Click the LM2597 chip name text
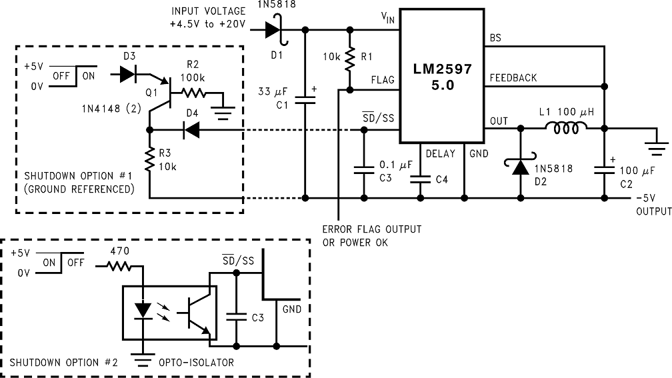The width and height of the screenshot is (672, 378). click(442, 69)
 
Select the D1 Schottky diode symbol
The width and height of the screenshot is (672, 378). click(273, 30)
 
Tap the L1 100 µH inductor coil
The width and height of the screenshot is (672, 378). click(567, 128)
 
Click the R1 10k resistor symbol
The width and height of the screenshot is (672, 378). click(349, 61)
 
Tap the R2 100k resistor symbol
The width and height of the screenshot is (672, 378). click(194, 94)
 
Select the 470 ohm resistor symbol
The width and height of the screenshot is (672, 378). click(120, 267)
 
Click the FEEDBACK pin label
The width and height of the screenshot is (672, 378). click(513, 78)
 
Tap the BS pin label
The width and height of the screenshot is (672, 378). click(495, 38)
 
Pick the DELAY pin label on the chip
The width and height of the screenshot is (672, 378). click(440, 153)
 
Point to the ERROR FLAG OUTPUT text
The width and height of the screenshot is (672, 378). click(372, 229)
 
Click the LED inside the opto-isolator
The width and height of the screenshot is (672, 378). click(143, 311)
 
